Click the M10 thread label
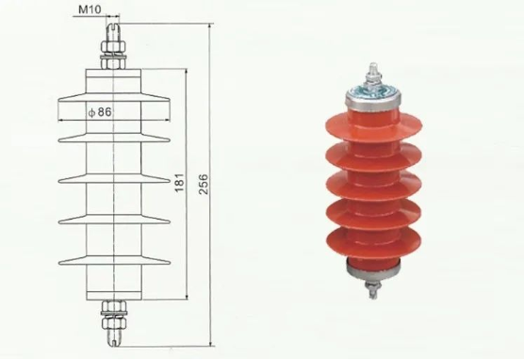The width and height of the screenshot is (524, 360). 90,9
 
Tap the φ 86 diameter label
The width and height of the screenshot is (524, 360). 100,112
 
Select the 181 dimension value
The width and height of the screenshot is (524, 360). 179,183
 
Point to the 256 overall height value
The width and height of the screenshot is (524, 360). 203,184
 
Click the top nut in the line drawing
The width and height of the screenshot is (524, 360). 113,46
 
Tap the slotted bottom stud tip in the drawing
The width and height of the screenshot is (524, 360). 114,337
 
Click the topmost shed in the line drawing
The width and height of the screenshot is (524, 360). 114,97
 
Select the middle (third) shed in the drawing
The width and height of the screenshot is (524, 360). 114,178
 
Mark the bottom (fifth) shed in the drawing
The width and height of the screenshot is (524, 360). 114,260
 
